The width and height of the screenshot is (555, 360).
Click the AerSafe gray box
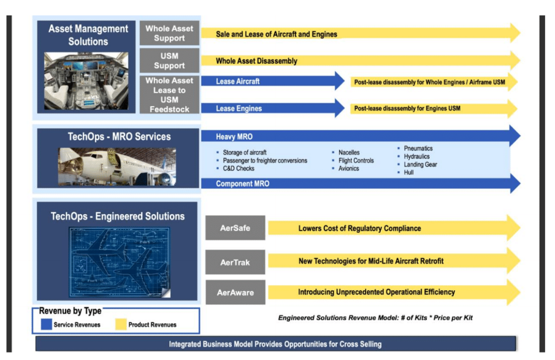pos(235,228)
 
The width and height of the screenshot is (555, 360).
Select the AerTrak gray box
pos(235,262)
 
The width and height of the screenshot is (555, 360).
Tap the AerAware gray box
pos(235,293)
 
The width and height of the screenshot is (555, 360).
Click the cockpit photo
pos(86,81)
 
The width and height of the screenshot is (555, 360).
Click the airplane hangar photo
pos(117,166)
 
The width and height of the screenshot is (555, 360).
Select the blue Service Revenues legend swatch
pos(46,324)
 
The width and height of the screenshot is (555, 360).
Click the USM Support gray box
pos(169,61)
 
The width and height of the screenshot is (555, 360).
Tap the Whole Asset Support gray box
pos(169,33)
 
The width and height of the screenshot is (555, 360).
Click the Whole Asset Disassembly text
pos(256,61)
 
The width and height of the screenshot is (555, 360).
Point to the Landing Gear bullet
pos(420,164)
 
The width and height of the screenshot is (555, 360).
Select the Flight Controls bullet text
pos(356,161)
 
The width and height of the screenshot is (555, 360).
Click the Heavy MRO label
pos(234,137)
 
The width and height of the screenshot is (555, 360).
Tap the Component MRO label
pos(242,183)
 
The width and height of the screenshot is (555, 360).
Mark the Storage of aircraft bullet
pos(244,153)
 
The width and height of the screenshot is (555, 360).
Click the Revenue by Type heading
pos(70,311)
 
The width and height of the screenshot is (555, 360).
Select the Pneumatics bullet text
pos(418,148)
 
